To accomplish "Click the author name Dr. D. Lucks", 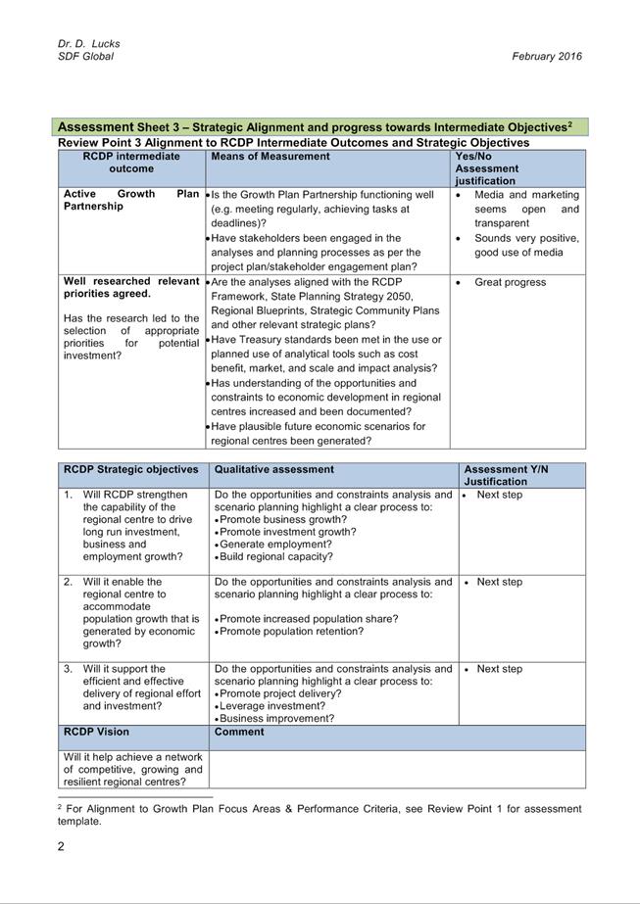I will [x=88, y=44].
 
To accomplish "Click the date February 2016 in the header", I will [x=546, y=57].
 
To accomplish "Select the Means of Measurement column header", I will [x=271, y=156].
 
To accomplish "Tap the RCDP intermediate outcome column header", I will [x=131, y=162].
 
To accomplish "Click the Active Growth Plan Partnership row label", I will [x=131, y=200].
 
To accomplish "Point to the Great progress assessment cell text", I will [x=510, y=282].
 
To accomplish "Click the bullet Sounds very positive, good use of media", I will [x=525, y=245].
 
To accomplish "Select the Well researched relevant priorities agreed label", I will [x=131, y=287].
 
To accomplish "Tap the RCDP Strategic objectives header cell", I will [x=131, y=469].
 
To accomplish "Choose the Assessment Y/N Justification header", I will [x=506, y=475].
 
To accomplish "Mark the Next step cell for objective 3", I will [x=500, y=669].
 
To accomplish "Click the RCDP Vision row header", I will [x=96, y=732].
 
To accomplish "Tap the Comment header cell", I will [x=239, y=732].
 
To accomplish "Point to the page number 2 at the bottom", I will [x=61, y=847].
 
